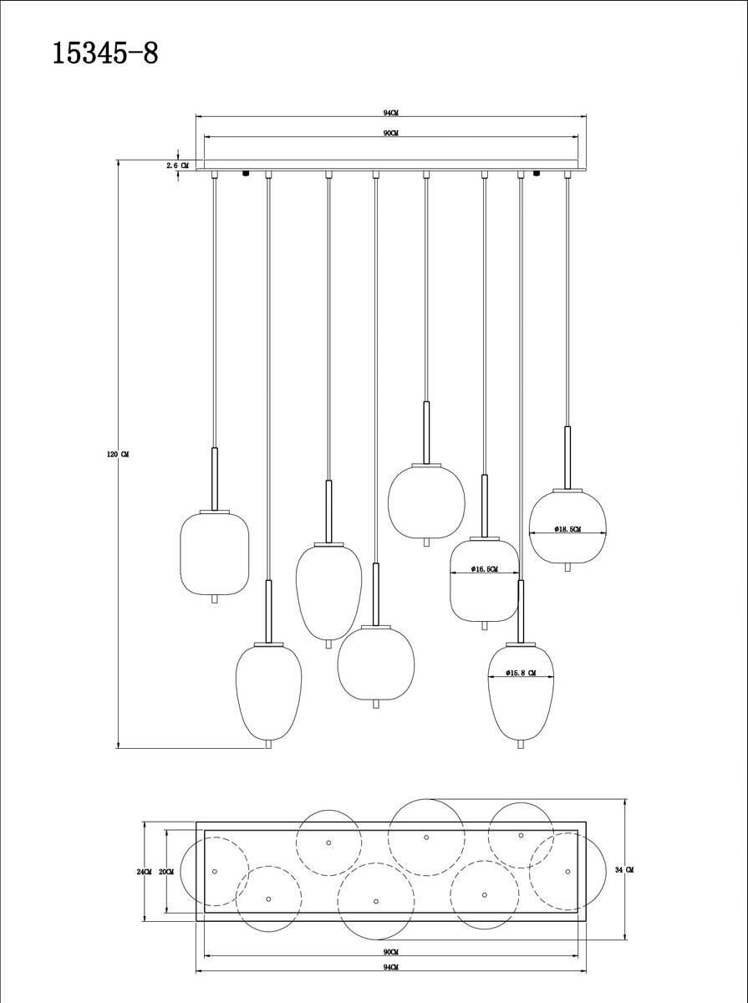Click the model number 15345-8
(x=105, y=53)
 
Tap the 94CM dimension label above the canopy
(x=389, y=112)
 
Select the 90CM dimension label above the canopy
(x=390, y=134)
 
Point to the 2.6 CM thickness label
(x=177, y=165)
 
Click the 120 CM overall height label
(x=118, y=454)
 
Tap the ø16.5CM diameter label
(x=485, y=569)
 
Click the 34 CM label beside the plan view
(x=624, y=870)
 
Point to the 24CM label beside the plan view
(x=144, y=871)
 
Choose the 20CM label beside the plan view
(x=165, y=871)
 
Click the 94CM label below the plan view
(x=389, y=966)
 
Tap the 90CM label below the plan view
(x=390, y=952)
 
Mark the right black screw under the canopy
(x=536, y=174)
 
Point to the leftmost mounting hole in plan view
(x=215, y=872)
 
